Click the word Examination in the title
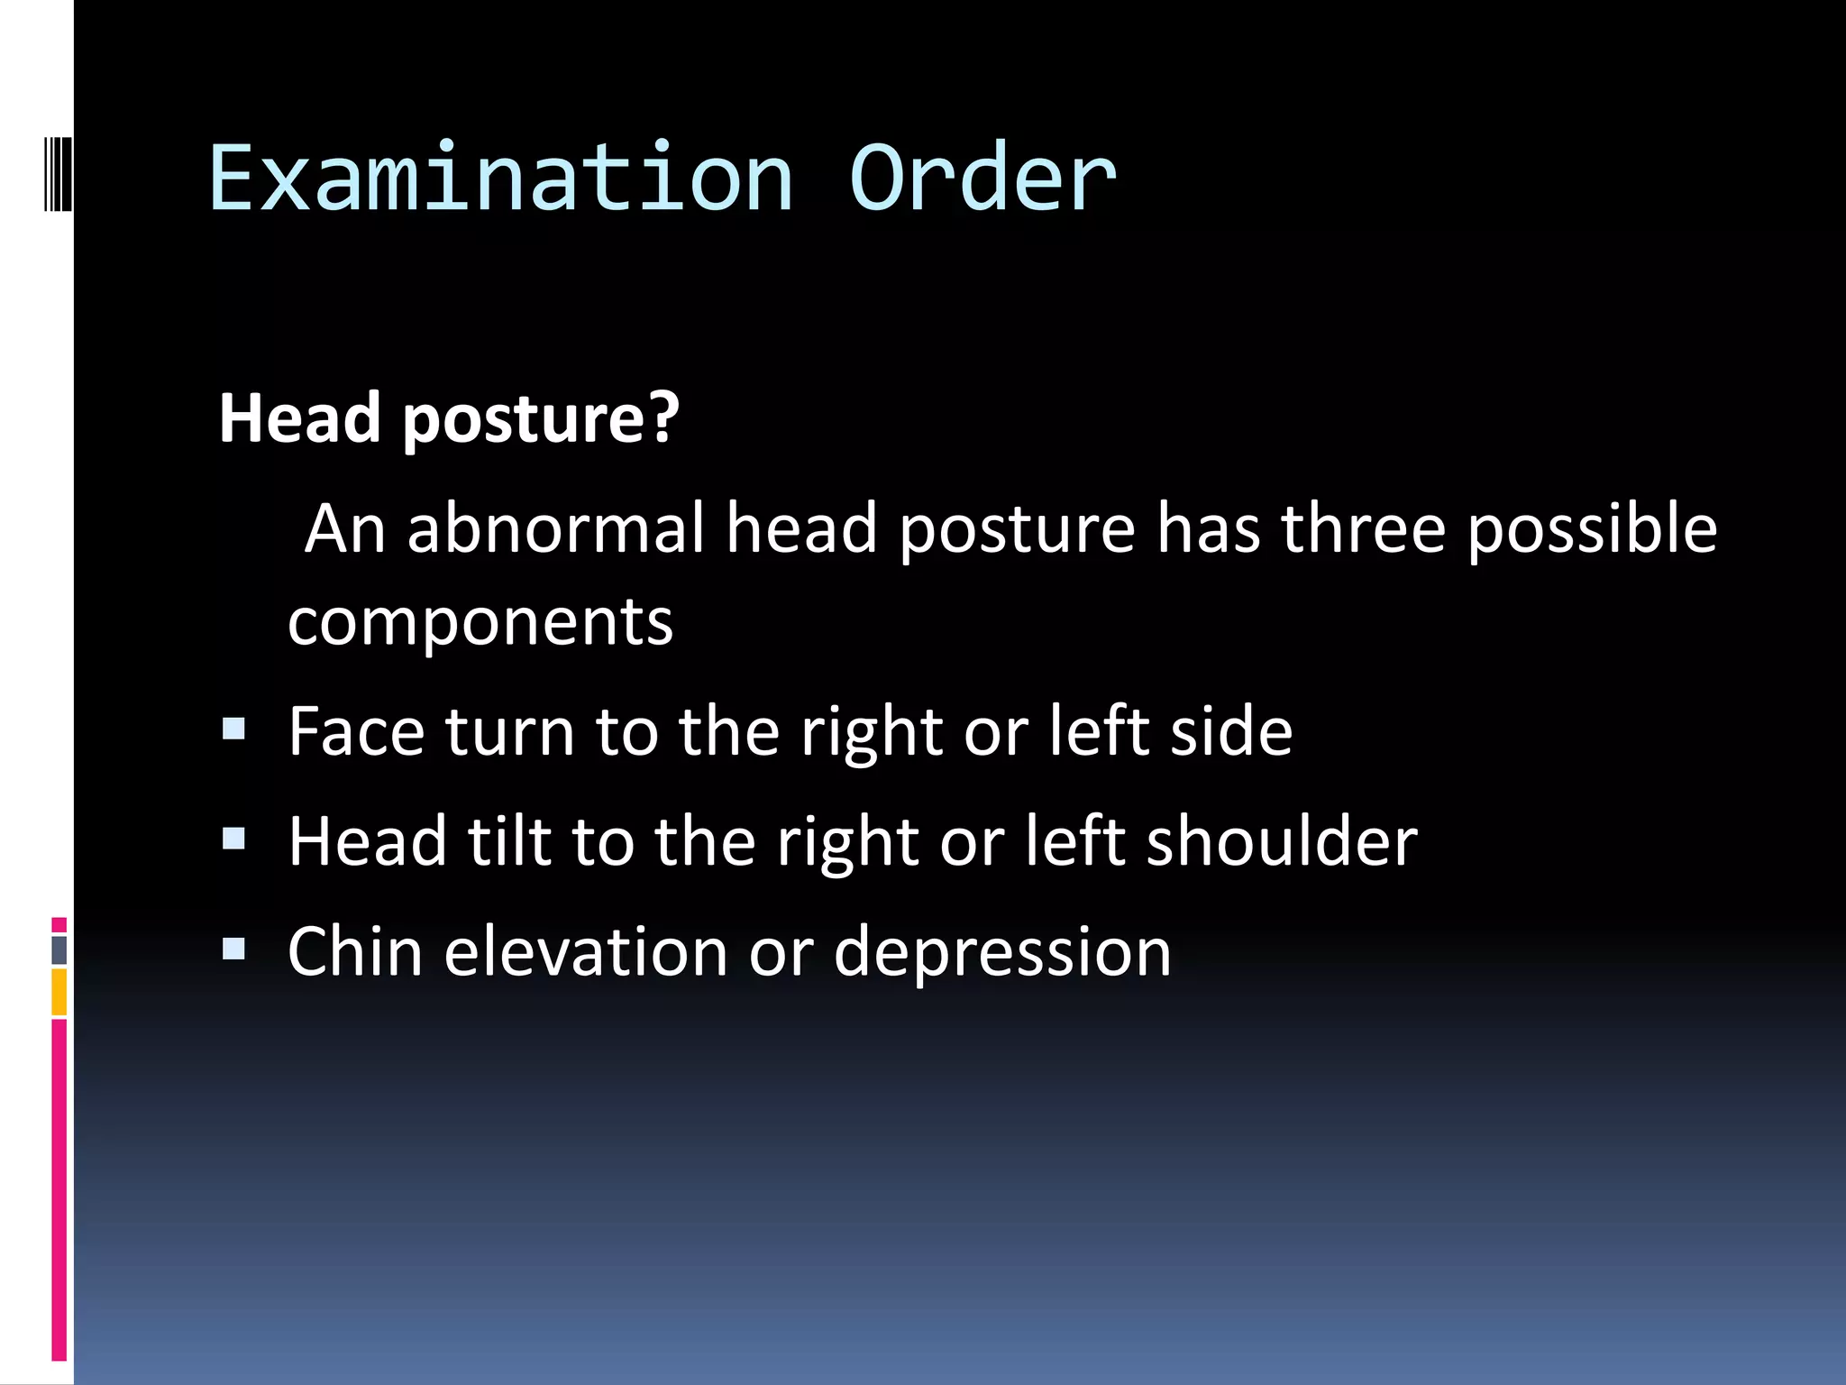coord(501,179)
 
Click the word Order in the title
coord(982,179)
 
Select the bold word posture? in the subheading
coord(540,419)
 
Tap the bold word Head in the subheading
coord(300,419)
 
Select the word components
coord(480,624)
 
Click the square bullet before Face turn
coord(234,729)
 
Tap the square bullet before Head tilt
coord(234,839)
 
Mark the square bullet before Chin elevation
coord(234,949)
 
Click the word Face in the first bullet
coord(356,731)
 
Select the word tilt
coord(509,842)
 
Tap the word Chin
coord(355,952)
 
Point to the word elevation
coord(586,952)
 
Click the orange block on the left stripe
coord(59,992)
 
